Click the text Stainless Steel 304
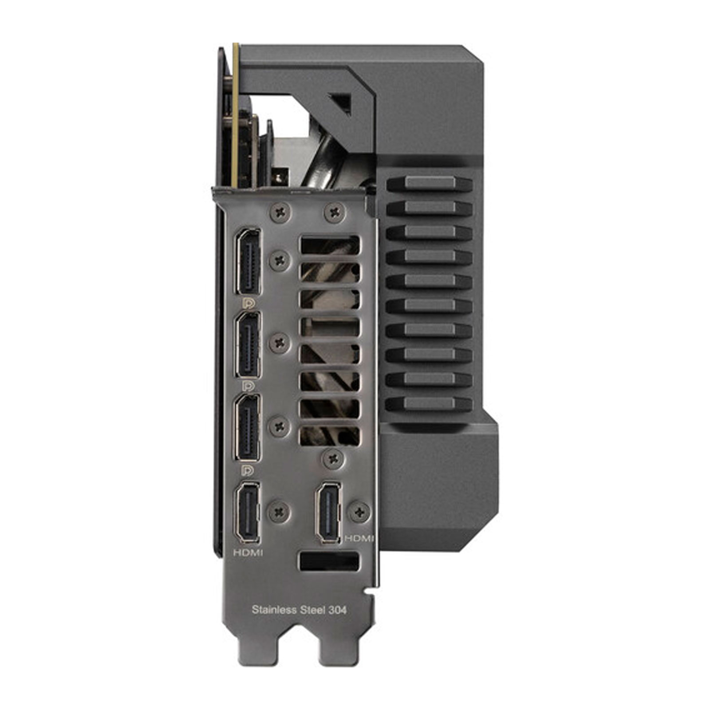coord(299,610)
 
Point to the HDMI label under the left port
coord(248,552)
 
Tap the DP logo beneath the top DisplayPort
coord(249,303)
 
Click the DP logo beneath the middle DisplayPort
coord(249,386)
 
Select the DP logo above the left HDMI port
coord(249,469)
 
